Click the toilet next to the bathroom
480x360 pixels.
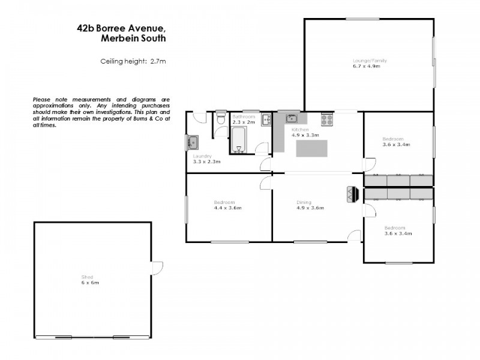pos(220,119)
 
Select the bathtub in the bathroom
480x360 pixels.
pos(238,140)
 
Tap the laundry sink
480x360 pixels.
pos(193,143)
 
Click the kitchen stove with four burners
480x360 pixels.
pos(327,119)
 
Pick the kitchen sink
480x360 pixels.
pos(292,118)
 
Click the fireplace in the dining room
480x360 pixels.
pos(352,195)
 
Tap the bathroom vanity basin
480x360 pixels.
pos(266,119)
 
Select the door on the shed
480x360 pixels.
pos(157,268)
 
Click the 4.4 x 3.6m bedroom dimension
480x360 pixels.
pos(227,208)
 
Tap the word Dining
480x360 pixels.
pos(304,202)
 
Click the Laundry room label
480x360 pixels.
pos(202,156)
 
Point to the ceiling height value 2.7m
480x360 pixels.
pos(157,61)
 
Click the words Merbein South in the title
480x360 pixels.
pos(134,38)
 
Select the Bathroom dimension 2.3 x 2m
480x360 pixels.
pos(244,122)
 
